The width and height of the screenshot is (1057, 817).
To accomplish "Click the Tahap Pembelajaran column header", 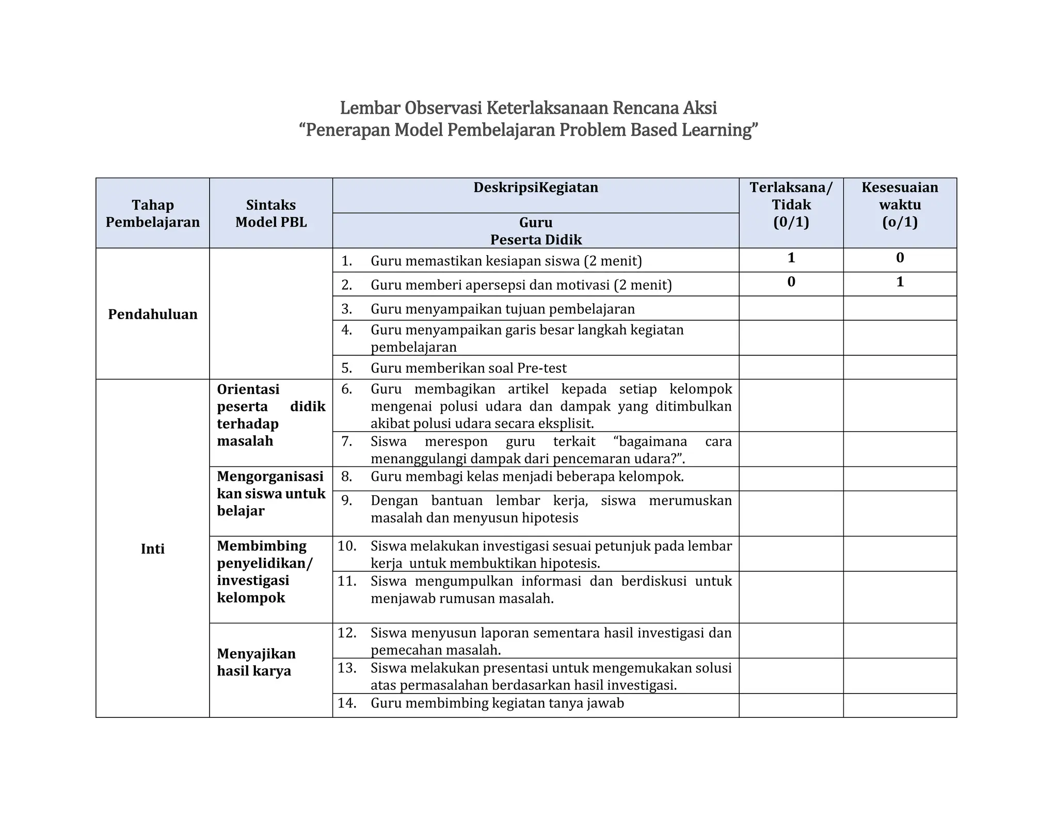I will click(152, 213).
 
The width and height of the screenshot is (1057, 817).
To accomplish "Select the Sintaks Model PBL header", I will click(270, 213).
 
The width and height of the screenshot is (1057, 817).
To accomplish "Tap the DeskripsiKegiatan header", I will click(535, 187).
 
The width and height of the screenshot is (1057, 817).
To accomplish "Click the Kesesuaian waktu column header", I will click(899, 205).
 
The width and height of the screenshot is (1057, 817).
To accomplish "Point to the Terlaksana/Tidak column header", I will click(790, 205).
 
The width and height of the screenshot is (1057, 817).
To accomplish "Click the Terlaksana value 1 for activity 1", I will click(791, 258).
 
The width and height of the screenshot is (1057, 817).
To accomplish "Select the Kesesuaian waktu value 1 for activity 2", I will click(899, 282).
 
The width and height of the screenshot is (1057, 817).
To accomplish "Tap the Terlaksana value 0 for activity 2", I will click(791, 282).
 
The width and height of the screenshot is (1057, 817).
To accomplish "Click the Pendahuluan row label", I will click(152, 314).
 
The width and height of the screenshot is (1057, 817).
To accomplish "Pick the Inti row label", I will click(152, 548).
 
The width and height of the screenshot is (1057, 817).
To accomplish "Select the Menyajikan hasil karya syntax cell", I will click(256, 662).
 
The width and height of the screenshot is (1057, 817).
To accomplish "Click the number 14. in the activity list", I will click(347, 703).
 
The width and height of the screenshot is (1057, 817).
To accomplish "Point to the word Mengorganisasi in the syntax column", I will click(270, 476).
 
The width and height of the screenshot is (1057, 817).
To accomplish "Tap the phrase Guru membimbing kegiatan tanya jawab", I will click(497, 703).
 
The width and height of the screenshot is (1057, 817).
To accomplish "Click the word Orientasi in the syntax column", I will click(248, 389).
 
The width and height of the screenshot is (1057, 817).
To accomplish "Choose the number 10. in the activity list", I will click(347, 546).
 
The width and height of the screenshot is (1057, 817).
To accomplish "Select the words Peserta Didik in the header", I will click(535, 240).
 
